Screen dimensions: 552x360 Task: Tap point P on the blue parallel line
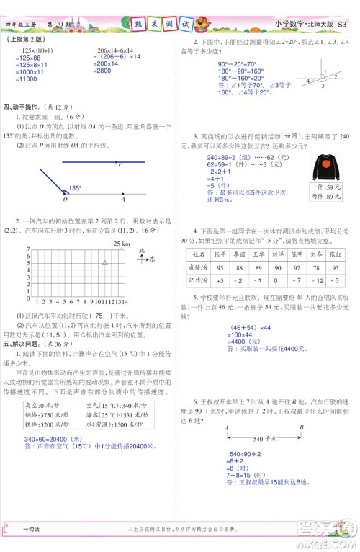pos(120,164)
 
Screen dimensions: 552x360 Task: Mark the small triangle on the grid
pos(105,264)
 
